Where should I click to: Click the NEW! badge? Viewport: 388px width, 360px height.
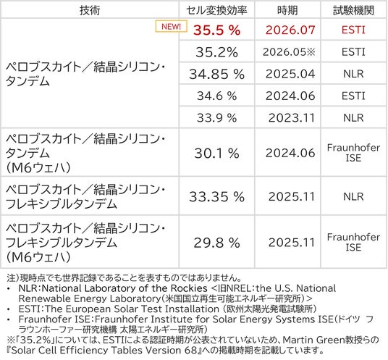click(x=171, y=26)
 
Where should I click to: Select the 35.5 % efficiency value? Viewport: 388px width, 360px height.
click(x=216, y=30)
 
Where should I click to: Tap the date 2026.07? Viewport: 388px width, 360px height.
click(x=290, y=30)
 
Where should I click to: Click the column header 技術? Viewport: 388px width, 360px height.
click(x=90, y=10)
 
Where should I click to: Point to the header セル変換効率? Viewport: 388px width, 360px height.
click(x=216, y=10)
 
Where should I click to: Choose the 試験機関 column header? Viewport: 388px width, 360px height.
click(x=353, y=10)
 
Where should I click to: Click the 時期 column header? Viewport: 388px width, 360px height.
click(x=287, y=10)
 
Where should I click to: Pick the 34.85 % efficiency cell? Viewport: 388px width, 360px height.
click(x=216, y=74)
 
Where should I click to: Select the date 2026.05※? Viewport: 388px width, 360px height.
click(x=289, y=52)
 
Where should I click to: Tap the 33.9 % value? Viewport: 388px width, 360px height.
click(x=216, y=118)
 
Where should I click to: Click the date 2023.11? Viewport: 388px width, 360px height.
click(x=292, y=118)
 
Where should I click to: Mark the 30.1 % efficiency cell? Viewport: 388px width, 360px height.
click(x=216, y=153)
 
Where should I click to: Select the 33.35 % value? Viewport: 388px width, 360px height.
click(x=216, y=197)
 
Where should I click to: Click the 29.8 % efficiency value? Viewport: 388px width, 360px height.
click(x=216, y=243)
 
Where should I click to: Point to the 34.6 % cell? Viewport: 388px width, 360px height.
click(x=216, y=96)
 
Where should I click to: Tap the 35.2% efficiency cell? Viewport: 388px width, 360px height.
click(x=216, y=52)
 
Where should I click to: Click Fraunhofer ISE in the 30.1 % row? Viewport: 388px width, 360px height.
click(x=353, y=153)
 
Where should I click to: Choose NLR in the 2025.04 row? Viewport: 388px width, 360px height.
click(x=353, y=74)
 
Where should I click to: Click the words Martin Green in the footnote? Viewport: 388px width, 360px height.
click(x=311, y=340)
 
